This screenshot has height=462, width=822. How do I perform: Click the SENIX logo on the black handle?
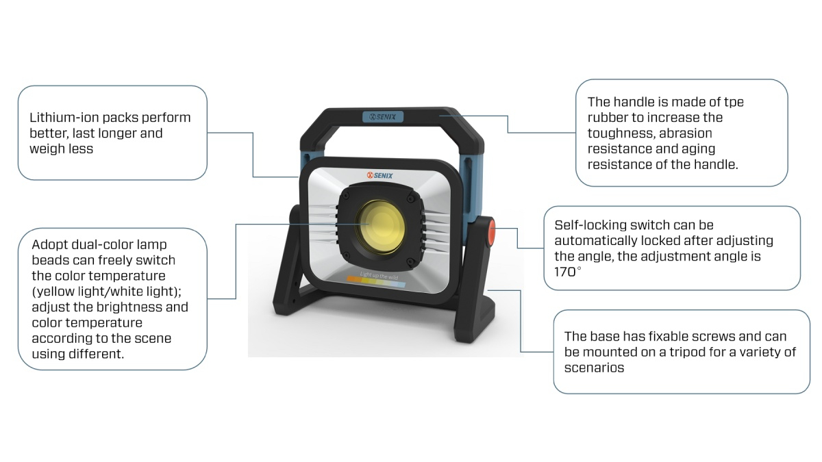(383, 116)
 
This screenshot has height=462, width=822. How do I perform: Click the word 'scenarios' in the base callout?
(594, 368)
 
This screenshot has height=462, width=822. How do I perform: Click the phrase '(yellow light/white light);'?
(106, 292)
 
